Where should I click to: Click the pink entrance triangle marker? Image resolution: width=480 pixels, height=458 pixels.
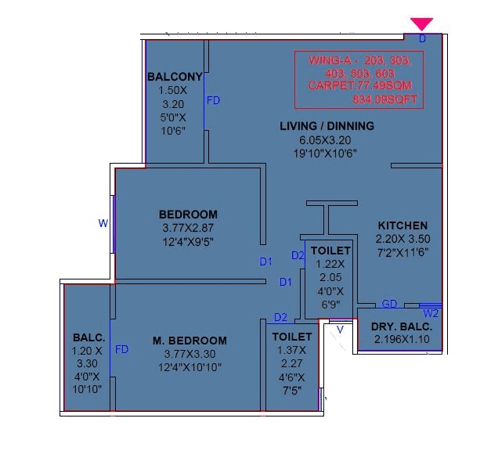pos(422,24)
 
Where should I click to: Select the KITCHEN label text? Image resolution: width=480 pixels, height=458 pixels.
pos(402,225)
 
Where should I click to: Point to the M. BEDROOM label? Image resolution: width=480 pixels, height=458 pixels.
pos(189,341)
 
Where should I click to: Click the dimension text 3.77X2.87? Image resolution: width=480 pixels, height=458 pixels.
pos(189,228)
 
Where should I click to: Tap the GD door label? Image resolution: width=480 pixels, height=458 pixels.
pos(388,304)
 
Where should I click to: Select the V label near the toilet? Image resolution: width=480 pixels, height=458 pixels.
pos(340,330)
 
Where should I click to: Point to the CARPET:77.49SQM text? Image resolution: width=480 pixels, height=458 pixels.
pos(359,85)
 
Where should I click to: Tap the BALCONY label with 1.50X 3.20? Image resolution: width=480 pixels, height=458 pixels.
pos(175,77)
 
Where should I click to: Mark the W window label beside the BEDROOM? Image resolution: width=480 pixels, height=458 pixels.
pos(103,223)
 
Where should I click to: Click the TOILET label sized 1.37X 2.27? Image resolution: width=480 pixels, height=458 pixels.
pos(291,337)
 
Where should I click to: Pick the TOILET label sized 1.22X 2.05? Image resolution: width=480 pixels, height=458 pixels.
pos(330,251)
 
